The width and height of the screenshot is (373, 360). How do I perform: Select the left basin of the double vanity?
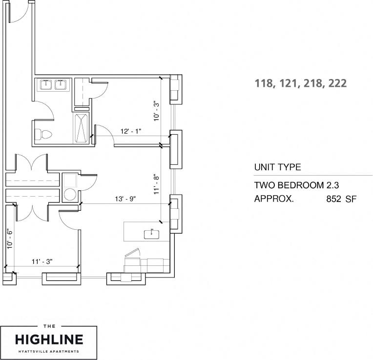(x=45, y=85)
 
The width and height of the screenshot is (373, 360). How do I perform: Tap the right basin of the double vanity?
(x=61, y=85)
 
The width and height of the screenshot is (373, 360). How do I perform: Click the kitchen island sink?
(x=152, y=233)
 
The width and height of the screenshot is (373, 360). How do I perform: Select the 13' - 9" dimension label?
(x=124, y=199)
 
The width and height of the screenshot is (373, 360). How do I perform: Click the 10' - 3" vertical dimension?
(x=156, y=110)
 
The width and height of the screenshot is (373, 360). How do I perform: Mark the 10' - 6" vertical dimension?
(x=9, y=239)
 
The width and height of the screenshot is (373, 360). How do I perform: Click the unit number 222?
(x=337, y=83)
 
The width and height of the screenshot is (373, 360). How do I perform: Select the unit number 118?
(x=264, y=83)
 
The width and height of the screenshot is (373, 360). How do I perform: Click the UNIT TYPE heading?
(x=277, y=167)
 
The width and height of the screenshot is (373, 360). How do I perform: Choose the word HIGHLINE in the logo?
(x=48, y=339)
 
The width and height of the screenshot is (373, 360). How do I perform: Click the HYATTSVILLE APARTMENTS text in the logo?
(x=48, y=351)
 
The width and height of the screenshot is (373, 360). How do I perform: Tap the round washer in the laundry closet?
(x=70, y=194)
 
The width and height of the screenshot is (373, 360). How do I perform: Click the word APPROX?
(x=273, y=199)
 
